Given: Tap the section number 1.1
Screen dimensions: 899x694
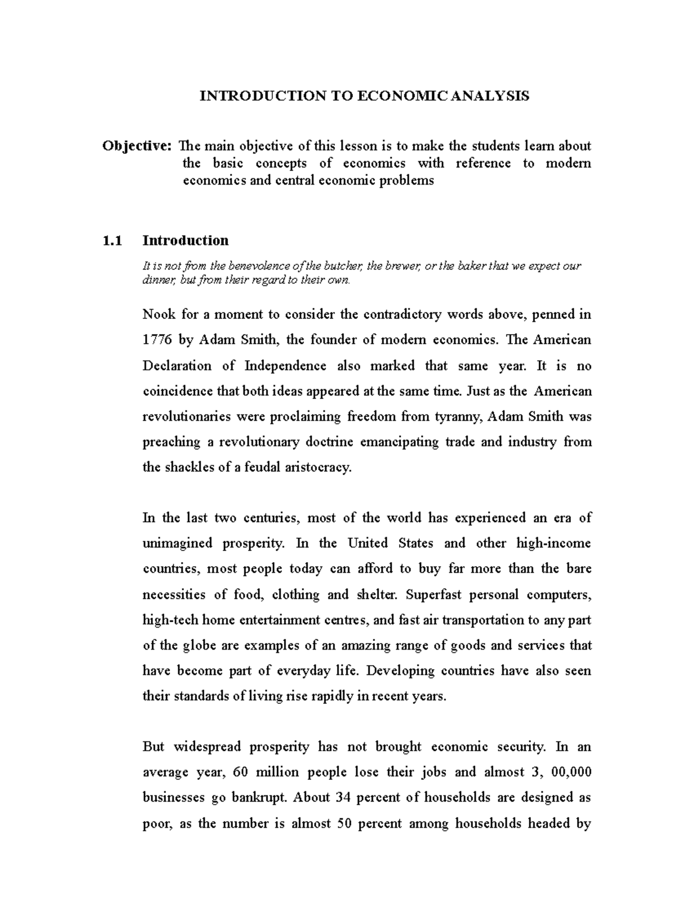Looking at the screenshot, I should click(x=112, y=240).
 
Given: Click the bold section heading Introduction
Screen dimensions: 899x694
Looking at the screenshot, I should click(x=186, y=240).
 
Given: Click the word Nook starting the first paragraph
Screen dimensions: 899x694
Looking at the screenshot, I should click(x=158, y=315).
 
